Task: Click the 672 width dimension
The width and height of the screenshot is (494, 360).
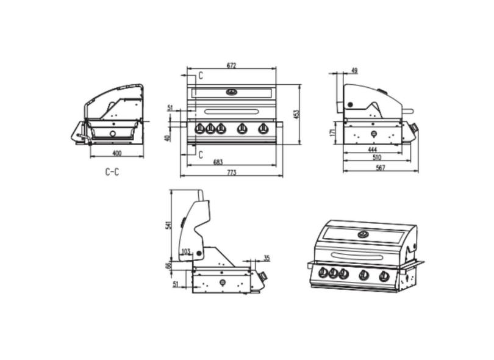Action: click(231, 65)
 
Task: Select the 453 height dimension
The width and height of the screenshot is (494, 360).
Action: click(296, 115)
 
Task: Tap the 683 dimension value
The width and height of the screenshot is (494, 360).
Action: click(218, 162)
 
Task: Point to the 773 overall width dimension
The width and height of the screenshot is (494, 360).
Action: click(231, 173)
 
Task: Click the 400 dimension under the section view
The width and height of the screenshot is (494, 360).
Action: click(116, 153)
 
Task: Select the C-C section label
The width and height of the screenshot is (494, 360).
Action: click(112, 172)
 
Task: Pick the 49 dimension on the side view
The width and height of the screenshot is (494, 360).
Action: click(354, 71)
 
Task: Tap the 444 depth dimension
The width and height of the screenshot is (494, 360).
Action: click(372, 149)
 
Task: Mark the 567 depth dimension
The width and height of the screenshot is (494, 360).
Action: click(381, 168)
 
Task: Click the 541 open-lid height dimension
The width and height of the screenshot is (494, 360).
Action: click(169, 225)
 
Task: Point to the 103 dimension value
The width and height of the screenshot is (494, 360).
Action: click(185, 251)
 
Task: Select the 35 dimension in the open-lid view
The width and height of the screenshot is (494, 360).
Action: click(267, 258)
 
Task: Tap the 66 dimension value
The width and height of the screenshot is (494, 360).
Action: click(169, 266)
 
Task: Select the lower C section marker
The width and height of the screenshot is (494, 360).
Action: click(199, 155)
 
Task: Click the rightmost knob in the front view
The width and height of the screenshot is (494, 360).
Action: click(263, 128)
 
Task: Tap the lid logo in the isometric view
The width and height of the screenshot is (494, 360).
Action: click(364, 234)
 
